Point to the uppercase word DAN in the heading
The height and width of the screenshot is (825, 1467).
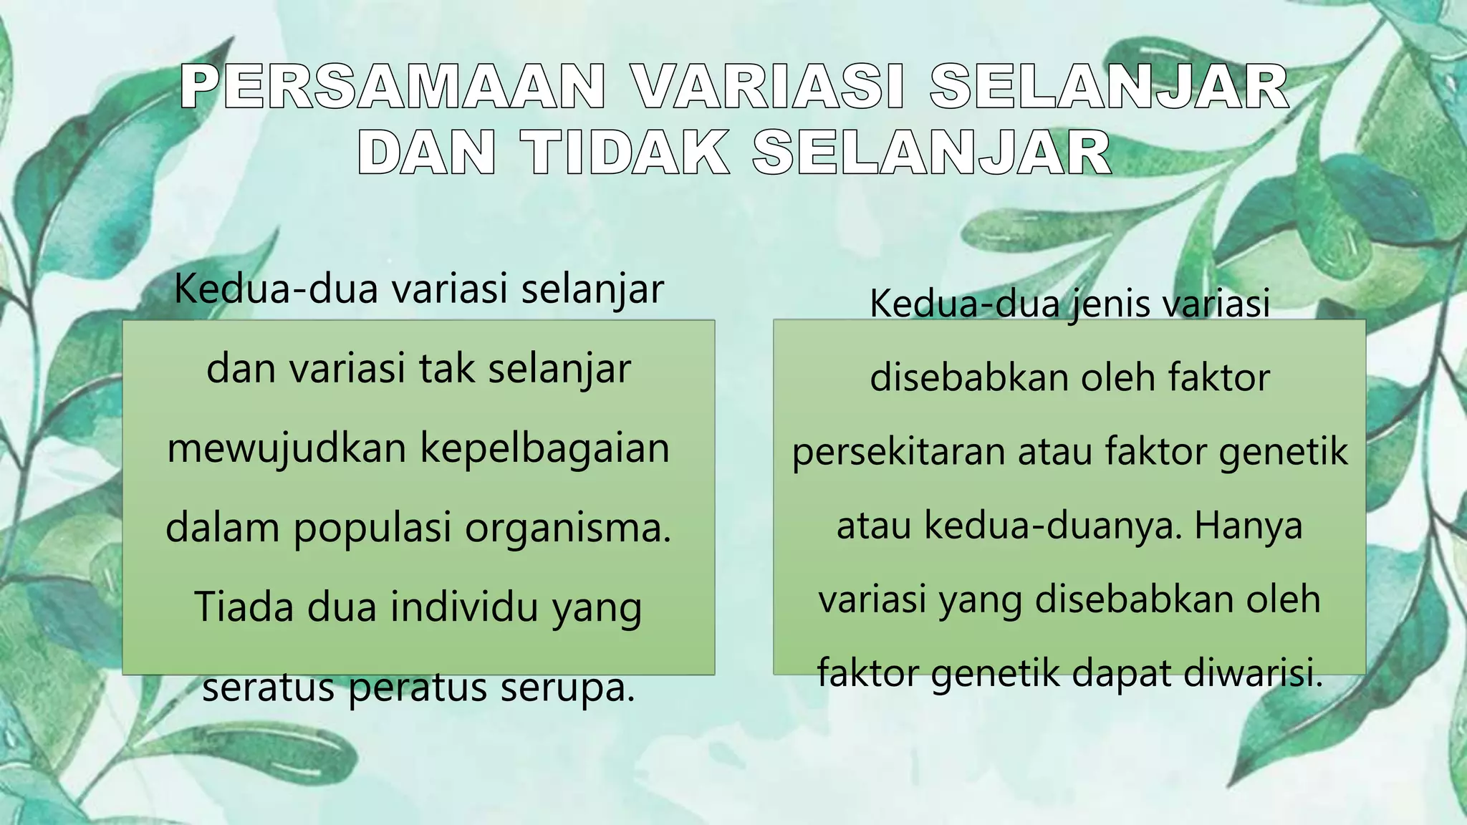426,153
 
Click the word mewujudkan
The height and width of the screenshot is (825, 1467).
287,449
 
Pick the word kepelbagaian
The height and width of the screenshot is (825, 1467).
544,449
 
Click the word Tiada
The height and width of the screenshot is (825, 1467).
244,607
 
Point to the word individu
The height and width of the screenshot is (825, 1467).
464,607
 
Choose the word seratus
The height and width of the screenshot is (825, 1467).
269,687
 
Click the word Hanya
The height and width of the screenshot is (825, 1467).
1248,526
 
